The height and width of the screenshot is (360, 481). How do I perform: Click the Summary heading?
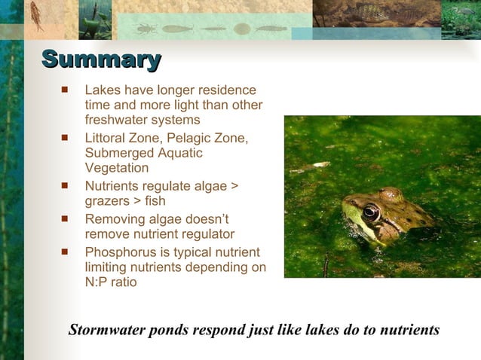click(x=101, y=59)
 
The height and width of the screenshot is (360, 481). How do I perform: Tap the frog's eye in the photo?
click(x=371, y=212)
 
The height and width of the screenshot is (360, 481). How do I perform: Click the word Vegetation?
click(x=117, y=168)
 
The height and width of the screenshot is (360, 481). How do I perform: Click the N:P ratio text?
click(x=111, y=282)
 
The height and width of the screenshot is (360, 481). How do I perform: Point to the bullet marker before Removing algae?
click(x=65, y=219)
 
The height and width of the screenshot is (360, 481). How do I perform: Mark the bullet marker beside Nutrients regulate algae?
click(x=65, y=185)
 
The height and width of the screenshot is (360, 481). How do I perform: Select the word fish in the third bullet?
click(x=153, y=201)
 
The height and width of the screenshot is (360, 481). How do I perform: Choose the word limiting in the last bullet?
click(x=106, y=267)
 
